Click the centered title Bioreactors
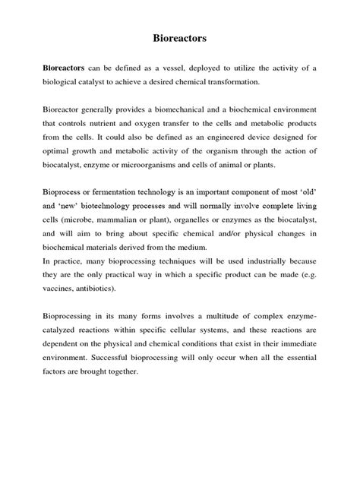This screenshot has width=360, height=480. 179,36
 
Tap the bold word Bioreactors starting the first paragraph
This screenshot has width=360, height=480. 67,68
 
